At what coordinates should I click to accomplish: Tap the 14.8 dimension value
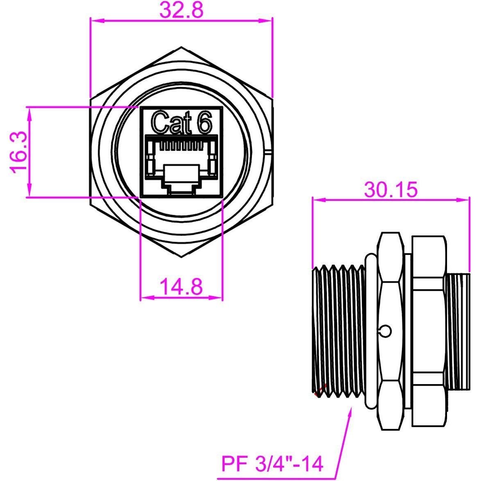point(181,286)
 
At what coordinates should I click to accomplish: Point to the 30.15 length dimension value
point(391,189)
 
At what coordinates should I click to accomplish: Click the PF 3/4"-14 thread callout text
point(272,464)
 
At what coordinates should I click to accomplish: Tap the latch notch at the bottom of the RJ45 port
point(181,189)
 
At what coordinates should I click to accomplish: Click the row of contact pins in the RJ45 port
point(181,146)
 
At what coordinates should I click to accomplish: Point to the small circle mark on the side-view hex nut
point(385,330)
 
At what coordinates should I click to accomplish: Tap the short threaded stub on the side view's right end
point(458,331)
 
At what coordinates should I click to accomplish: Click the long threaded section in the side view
point(337,331)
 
